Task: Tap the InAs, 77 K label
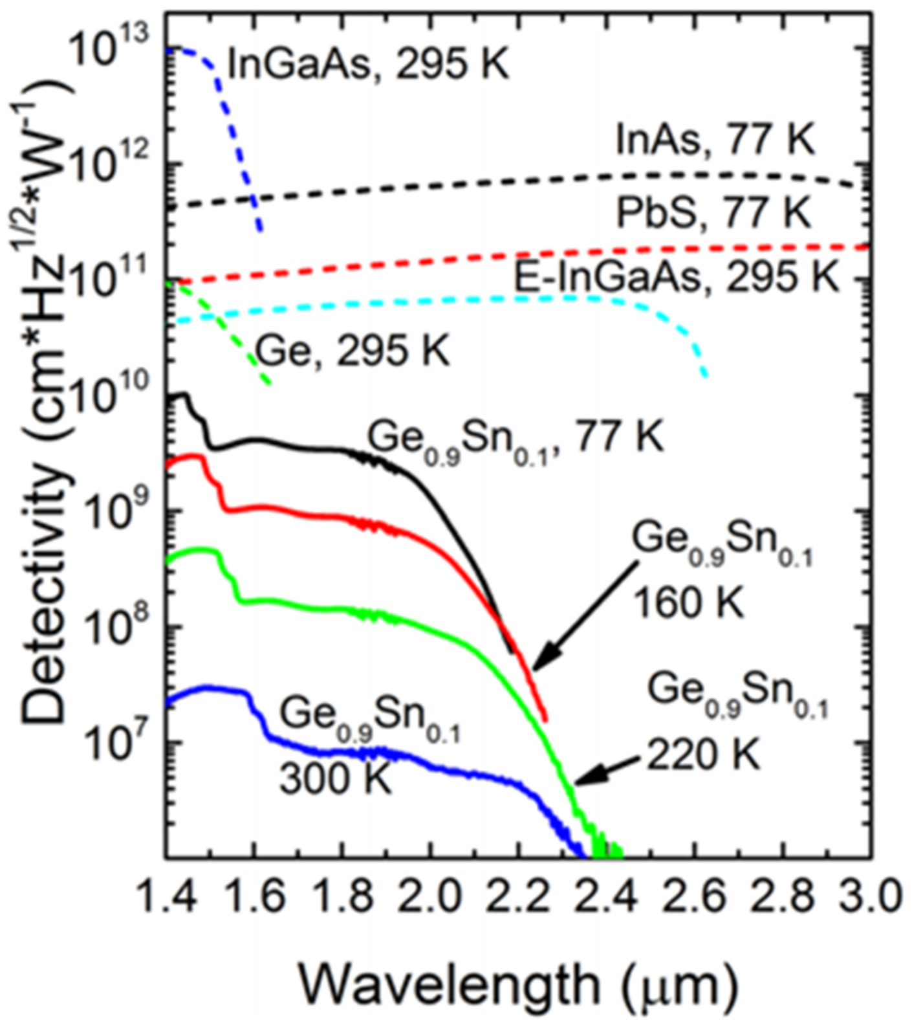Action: [715, 140]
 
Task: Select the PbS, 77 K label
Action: [713, 212]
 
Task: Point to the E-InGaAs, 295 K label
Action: [676, 278]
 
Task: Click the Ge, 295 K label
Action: [353, 351]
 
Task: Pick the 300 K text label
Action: [336, 777]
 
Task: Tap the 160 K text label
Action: [688, 602]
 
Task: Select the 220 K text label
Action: [704, 755]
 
